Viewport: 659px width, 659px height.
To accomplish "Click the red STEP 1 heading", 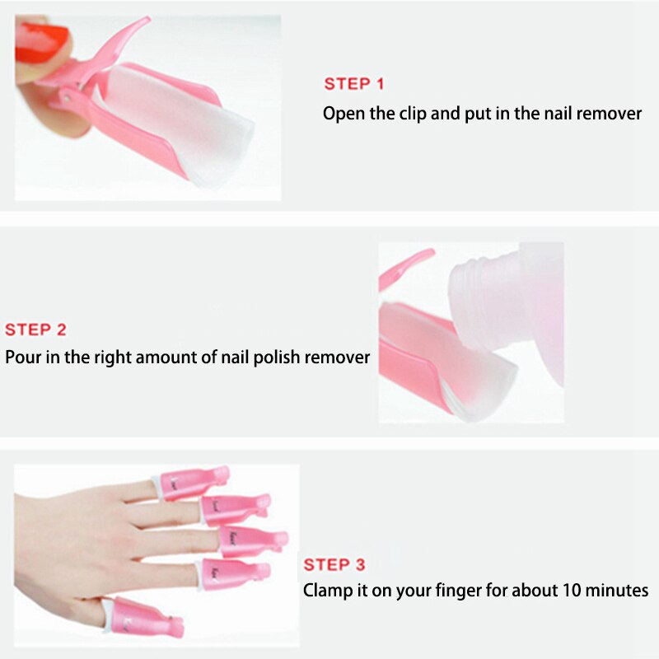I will pos(353,84).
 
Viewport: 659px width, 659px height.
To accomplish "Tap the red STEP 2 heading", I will pos(35,329).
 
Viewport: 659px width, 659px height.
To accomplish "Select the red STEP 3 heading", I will pos(334,564).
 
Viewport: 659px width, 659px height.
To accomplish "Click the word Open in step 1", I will pos(341,114).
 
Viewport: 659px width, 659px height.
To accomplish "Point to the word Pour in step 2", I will pos(22,358).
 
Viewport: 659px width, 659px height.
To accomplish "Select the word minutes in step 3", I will pos(619,591).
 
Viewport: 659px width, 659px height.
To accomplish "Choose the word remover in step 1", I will pos(609,114).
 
